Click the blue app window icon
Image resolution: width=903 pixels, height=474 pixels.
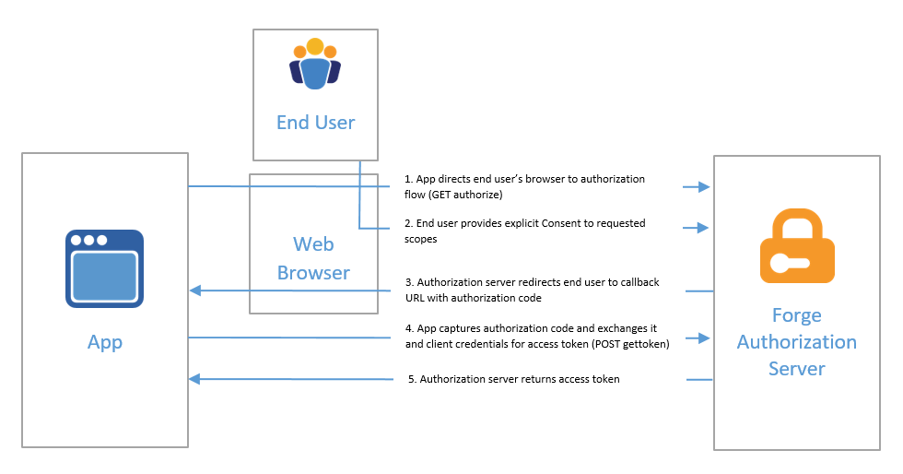point(104,268)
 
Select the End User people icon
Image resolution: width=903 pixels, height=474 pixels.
point(315,65)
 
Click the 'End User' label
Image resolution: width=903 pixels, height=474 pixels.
point(315,123)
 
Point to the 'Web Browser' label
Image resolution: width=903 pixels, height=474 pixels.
point(314,258)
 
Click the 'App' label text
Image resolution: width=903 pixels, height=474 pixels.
point(104,343)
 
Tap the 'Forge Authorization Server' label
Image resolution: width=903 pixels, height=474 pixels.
point(797,342)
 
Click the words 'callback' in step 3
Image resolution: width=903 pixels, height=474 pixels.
point(638,282)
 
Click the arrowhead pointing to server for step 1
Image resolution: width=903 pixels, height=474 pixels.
point(705,187)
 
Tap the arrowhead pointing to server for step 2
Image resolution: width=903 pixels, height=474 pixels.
point(705,228)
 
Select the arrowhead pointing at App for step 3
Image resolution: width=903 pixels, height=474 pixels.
point(194,290)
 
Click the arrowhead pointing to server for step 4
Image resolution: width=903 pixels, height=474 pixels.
point(705,338)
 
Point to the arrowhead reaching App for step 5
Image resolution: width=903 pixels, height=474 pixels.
point(194,379)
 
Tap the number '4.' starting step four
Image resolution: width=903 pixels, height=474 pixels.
point(410,328)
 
